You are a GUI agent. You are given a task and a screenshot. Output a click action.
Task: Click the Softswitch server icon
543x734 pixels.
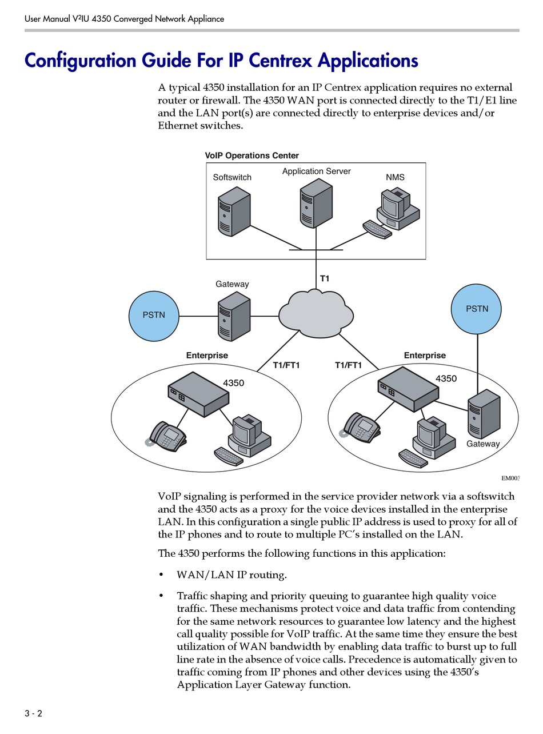[x=234, y=211]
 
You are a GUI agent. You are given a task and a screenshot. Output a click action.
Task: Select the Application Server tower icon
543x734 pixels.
[x=316, y=203]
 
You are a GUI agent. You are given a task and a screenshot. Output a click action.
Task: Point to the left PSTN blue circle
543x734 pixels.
[x=154, y=316]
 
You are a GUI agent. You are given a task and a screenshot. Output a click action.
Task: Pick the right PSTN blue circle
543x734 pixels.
[x=476, y=309]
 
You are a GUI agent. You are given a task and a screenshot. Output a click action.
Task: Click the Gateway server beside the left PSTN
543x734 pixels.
[x=234, y=316]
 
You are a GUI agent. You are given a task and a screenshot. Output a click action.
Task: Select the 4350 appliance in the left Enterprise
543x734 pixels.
[x=198, y=394]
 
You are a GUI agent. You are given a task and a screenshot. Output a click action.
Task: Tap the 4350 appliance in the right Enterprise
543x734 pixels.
[x=408, y=389]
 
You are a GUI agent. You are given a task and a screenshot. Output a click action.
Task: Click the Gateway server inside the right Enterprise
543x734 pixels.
[x=484, y=414]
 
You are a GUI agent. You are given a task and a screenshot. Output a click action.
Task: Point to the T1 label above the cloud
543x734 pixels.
[x=325, y=278]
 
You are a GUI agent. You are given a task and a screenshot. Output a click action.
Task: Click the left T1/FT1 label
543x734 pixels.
[x=286, y=365]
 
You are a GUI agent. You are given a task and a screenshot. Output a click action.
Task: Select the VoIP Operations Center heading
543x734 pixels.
[x=251, y=155]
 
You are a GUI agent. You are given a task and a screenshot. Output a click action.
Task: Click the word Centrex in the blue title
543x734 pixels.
[x=280, y=61]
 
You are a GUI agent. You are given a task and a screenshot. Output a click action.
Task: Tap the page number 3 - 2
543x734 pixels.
[x=33, y=713]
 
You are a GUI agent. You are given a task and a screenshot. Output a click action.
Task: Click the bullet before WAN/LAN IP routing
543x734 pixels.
[x=162, y=575]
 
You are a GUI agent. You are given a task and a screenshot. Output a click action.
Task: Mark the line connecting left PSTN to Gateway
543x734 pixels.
[x=198, y=316]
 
